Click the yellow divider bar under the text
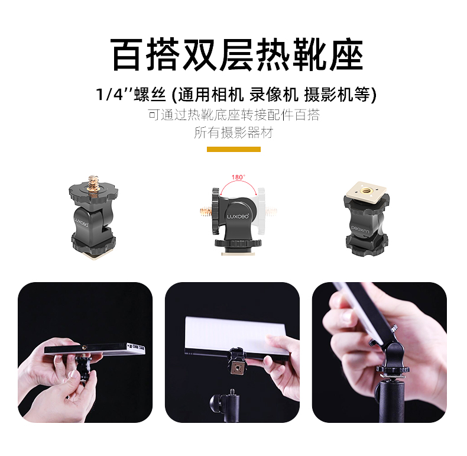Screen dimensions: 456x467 [234, 149]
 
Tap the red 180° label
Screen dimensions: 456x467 [238, 177]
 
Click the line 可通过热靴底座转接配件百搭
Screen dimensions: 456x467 [234, 114]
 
